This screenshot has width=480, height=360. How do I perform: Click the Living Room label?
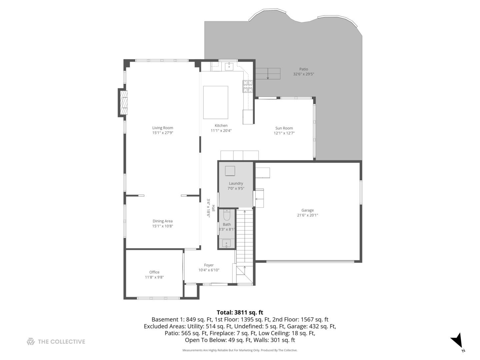(163, 128)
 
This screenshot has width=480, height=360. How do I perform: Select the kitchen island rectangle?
(216, 102)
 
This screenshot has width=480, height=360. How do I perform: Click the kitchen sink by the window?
(229, 67)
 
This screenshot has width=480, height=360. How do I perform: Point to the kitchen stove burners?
(248, 86)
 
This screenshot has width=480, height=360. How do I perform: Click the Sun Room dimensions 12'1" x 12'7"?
(284, 133)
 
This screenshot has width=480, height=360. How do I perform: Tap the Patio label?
(303, 69)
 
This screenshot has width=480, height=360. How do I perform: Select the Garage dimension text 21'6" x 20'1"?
(307, 215)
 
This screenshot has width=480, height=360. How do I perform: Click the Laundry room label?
(236, 183)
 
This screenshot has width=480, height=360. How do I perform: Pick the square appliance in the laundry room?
(230, 171)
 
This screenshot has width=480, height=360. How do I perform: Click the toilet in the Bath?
(227, 215)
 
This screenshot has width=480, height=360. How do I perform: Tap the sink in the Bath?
(226, 243)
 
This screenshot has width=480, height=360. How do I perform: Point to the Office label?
(154, 272)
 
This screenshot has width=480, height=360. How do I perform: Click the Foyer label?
(209, 265)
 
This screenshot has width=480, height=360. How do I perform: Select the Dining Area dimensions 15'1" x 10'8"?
(163, 226)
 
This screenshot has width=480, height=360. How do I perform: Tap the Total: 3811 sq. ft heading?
(240, 312)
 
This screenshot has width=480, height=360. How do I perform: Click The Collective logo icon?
(31, 341)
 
